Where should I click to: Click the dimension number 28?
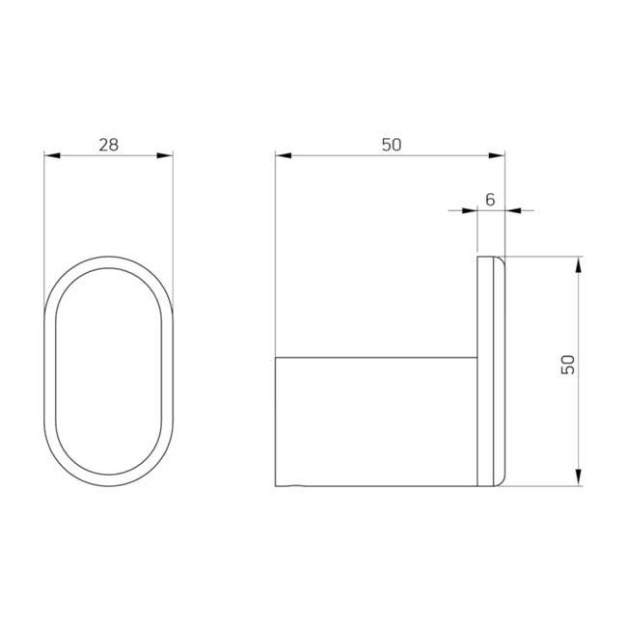click(109, 145)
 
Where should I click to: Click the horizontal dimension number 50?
click(391, 145)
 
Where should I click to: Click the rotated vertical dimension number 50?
click(568, 365)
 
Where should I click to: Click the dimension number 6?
click(490, 200)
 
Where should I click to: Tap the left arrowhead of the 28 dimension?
click(52, 155)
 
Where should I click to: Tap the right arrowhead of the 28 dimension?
click(165, 155)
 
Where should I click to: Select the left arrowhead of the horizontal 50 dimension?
click(284, 155)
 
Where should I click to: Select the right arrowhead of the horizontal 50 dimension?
click(497, 155)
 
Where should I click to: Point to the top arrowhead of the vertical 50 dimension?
click(578, 264)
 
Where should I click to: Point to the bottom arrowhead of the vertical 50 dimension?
click(578, 477)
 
